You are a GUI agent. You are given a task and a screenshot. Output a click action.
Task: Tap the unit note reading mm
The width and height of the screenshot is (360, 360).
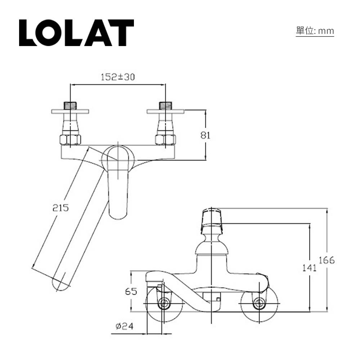[x=315, y=31]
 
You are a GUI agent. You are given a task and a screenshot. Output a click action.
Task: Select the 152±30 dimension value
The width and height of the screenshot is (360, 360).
[x=117, y=77]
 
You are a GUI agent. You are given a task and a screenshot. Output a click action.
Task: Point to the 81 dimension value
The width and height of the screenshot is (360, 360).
[x=205, y=135]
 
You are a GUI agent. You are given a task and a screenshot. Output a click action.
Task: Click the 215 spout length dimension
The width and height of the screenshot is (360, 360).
[x=60, y=208]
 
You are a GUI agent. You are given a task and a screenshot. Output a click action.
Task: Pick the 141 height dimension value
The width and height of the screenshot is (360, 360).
[x=309, y=267]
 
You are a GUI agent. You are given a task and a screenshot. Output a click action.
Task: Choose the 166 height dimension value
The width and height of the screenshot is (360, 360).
[x=327, y=260]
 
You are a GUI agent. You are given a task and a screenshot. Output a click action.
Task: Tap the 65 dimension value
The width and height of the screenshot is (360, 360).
[x=131, y=292]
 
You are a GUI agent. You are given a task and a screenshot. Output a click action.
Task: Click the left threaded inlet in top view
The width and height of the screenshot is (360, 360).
[x=70, y=105]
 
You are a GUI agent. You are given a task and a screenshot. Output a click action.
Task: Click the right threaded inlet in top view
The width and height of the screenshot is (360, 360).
[x=165, y=105]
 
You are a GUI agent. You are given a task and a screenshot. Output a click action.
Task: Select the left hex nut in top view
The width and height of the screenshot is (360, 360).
[x=70, y=140]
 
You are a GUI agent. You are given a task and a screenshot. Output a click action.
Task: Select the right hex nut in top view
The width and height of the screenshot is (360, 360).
[x=165, y=140]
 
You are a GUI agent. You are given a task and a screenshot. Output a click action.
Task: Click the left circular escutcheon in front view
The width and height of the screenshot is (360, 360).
[x=163, y=304]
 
